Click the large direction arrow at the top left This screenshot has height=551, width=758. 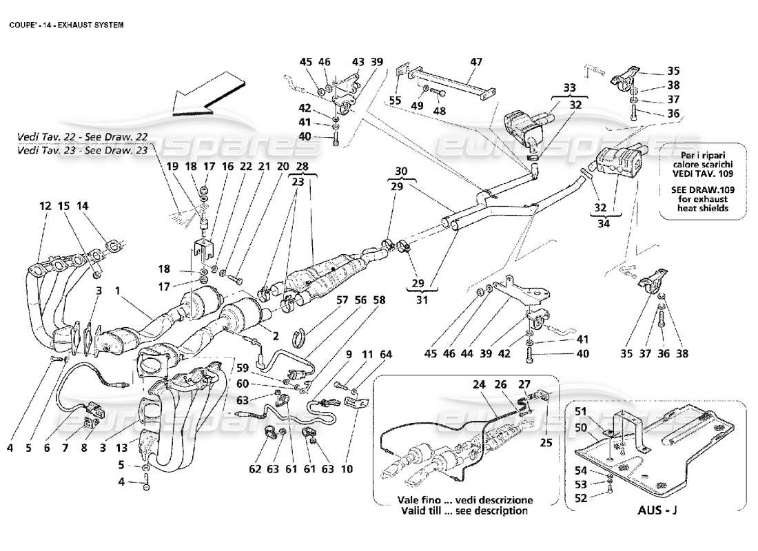click(207, 97)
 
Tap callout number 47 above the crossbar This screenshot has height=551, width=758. click(476, 63)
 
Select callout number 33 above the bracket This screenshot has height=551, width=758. click(569, 87)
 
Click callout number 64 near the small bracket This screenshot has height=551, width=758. click(385, 355)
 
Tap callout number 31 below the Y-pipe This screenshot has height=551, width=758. click(422, 300)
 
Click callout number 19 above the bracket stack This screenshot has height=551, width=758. click(172, 166)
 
